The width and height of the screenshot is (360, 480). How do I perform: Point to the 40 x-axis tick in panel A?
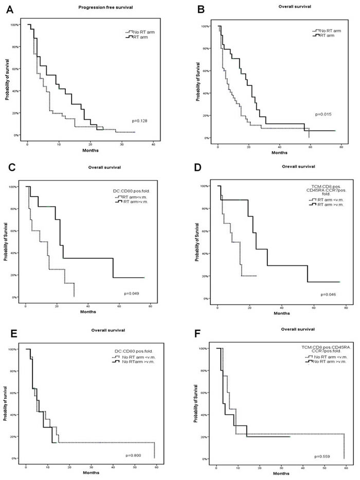pos(153,144)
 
